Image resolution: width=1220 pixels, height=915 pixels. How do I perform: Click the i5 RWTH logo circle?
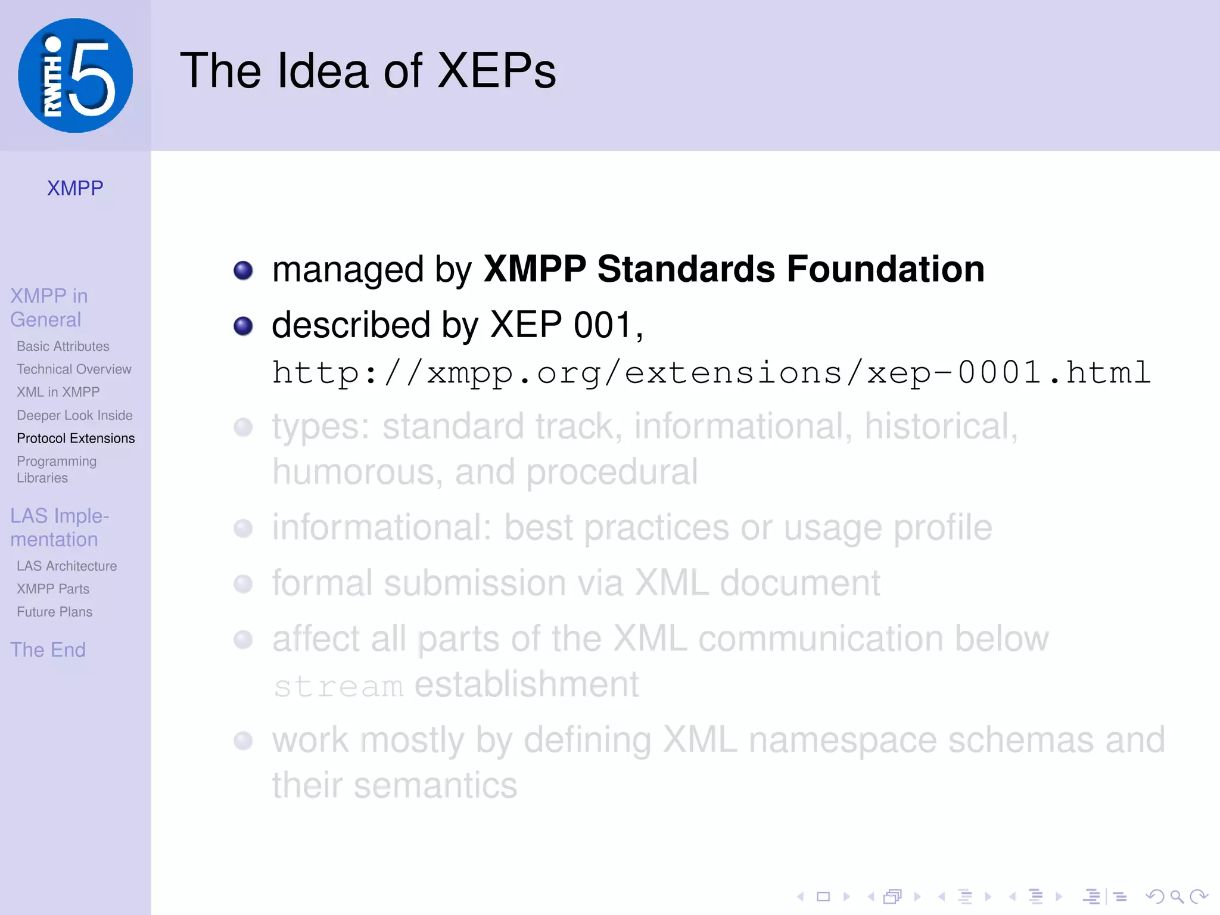[76, 76]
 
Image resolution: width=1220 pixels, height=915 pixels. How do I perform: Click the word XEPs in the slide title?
[496, 71]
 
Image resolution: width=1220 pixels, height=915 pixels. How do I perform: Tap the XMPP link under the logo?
[75, 188]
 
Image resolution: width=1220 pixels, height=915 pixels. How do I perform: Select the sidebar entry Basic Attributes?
[63, 346]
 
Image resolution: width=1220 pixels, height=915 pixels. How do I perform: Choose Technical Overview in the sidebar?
[74, 369]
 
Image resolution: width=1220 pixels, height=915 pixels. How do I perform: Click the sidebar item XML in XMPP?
[58, 392]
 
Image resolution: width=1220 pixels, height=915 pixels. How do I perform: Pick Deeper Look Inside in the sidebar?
[74, 415]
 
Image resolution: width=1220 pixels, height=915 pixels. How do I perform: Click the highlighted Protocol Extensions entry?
[76, 438]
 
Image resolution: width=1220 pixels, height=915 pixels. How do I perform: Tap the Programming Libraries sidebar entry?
[56, 469]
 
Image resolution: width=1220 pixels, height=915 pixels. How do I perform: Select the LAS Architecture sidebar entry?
[67, 566]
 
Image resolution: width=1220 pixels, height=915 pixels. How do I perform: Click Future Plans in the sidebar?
[54, 612]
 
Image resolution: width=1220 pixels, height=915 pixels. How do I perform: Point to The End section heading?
[48, 649]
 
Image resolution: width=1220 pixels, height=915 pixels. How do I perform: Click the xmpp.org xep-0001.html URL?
[711, 374]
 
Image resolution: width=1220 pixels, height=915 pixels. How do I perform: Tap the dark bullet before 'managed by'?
[243, 270]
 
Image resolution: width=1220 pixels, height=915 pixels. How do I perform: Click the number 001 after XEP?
[602, 325]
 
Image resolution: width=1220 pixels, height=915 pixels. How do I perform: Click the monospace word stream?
[338, 686]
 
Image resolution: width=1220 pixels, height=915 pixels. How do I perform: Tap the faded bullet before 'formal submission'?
[243, 584]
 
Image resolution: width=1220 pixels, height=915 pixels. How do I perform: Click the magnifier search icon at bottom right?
[1177, 897]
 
